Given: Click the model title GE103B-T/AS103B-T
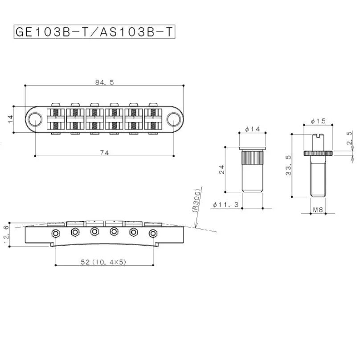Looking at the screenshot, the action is tap(94, 32).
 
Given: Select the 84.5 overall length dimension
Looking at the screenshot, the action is tap(105, 82).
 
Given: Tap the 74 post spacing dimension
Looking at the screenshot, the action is tap(104, 153).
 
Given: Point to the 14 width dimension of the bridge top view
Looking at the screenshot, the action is tap(11, 119).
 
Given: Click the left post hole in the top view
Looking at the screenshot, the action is tap(35, 119).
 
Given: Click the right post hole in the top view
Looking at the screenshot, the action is tap(174, 119).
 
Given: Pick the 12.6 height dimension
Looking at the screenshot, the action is tap(6, 235).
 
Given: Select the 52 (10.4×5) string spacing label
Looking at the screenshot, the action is tap(103, 262).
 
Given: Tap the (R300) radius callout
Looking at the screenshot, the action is tap(196, 200).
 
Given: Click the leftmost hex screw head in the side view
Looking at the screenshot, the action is tap(56, 234).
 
